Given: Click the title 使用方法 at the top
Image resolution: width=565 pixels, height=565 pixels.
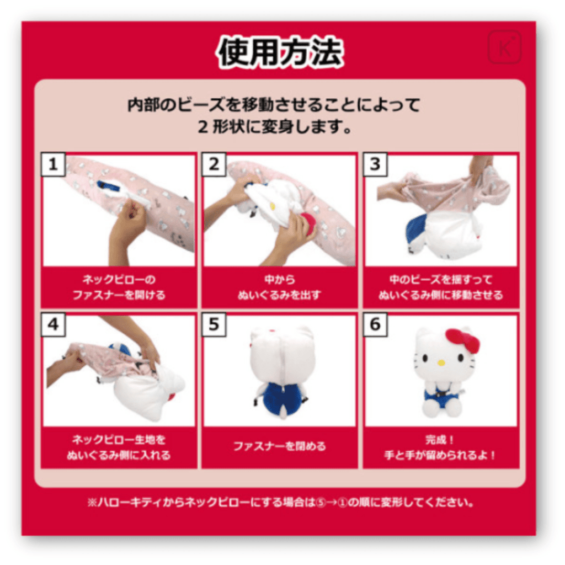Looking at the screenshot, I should click(x=280, y=53).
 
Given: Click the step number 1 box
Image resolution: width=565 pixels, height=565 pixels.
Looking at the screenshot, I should click(x=53, y=164).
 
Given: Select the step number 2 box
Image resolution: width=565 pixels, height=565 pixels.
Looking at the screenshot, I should click(x=214, y=164).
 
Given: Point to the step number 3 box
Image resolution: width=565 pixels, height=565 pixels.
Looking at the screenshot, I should click(x=375, y=164).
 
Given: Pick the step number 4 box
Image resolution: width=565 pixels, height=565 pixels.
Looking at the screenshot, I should click(x=53, y=325).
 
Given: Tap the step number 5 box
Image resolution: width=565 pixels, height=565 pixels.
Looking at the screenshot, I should click(x=214, y=325).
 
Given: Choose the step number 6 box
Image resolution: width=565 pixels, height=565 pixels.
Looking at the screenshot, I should click(x=375, y=325).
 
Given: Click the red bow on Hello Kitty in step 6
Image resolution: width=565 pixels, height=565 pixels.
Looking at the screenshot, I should click(x=462, y=340).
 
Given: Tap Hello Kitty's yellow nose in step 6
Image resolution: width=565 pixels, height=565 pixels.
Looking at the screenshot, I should click(x=441, y=363).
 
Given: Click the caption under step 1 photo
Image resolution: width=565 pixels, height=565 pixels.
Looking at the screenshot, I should click(x=119, y=287).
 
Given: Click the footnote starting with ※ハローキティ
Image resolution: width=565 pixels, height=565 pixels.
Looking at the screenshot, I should click(x=281, y=503).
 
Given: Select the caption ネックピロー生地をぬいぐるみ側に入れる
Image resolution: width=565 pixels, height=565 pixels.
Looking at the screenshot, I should click(x=119, y=447).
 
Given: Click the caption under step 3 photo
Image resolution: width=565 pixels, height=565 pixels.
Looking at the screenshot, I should click(x=440, y=287).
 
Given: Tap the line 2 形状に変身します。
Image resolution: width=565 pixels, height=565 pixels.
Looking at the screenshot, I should click(x=274, y=128).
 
